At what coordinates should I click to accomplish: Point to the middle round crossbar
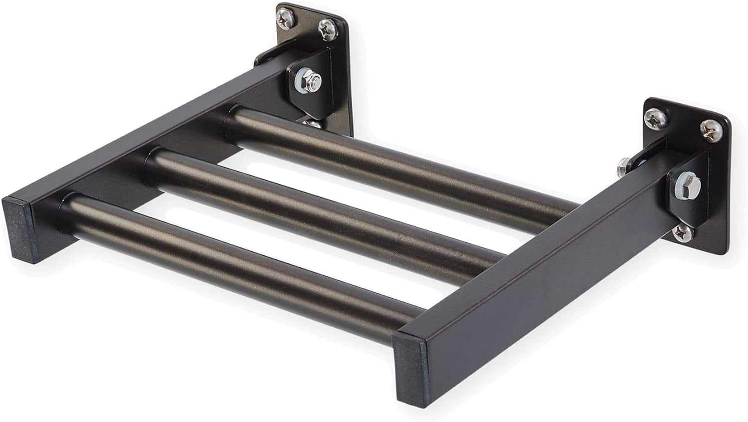(319, 212)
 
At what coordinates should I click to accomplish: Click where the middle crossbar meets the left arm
(150, 162)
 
